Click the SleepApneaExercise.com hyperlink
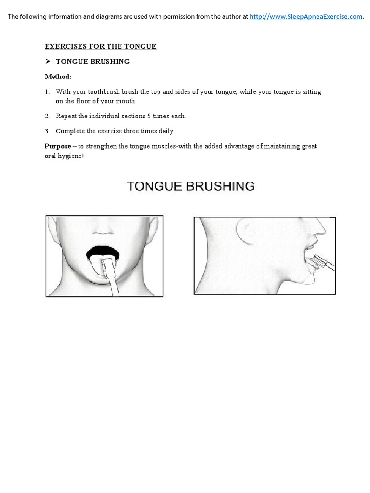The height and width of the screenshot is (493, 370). (x=306, y=16)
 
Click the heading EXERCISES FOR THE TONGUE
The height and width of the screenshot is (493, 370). (x=100, y=46)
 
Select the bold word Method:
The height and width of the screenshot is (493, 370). (x=58, y=77)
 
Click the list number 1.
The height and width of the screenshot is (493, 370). (x=47, y=91)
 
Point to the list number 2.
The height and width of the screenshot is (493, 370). (x=47, y=116)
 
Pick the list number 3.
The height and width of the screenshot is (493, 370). (x=47, y=131)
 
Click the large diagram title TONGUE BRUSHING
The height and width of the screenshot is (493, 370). (x=190, y=186)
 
